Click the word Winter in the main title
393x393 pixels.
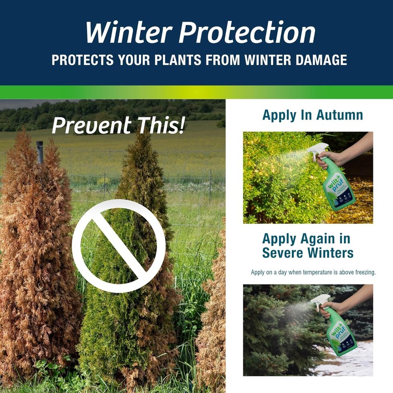(x=127, y=33)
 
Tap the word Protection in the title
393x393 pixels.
(x=247, y=33)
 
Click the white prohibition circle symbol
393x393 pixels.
(x=119, y=246)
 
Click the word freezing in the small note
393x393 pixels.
(x=362, y=272)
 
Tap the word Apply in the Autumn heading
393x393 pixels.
(x=279, y=115)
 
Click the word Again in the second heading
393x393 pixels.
(x=316, y=239)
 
